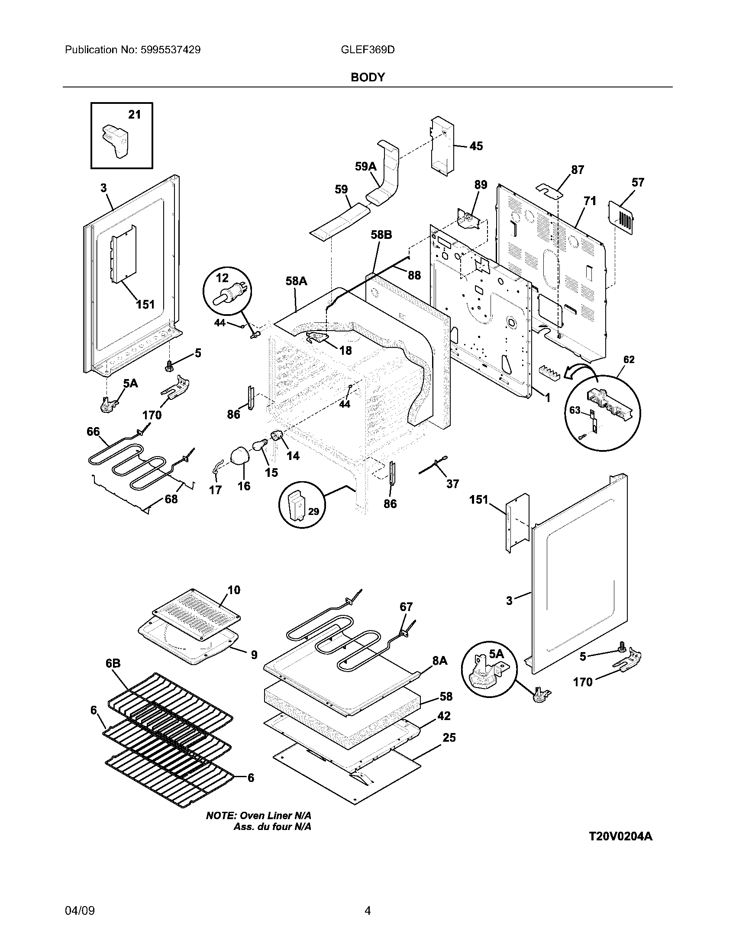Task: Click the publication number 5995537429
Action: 171,50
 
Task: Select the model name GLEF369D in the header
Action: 368,50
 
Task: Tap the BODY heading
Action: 368,77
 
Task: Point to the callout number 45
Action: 476,146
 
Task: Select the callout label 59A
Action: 365,166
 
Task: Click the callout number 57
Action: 638,182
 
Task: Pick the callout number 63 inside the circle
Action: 575,410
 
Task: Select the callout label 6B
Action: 113,663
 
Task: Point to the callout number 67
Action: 406,607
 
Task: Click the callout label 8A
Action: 440,661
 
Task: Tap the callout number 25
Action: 449,737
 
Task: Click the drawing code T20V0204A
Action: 620,836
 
